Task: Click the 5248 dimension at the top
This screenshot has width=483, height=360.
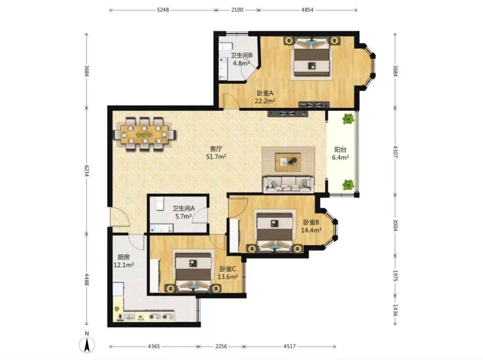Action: point(163,10)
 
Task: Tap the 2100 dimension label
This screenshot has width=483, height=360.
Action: point(237,10)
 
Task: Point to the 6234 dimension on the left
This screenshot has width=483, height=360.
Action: point(87,171)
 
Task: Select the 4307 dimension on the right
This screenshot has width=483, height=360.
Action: point(395,152)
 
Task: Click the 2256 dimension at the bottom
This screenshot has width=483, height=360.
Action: point(221,346)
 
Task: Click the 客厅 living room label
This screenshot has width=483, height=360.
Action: point(216,149)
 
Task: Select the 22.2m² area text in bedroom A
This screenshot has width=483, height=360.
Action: point(265,101)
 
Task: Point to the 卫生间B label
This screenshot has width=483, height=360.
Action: point(242,55)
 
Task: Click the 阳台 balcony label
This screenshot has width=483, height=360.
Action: point(340,150)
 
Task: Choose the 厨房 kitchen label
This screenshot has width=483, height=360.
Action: point(124,257)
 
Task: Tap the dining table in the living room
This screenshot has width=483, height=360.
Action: point(145,134)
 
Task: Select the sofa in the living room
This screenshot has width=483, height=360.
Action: point(289,184)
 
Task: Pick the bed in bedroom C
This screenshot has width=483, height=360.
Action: point(193,271)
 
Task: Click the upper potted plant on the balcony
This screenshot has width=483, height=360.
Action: point(348,119)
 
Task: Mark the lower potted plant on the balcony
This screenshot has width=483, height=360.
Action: point(348,185)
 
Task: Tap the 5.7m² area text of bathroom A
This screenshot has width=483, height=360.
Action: point(184,216)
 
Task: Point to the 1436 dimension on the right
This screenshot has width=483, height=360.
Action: point(395,310)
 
